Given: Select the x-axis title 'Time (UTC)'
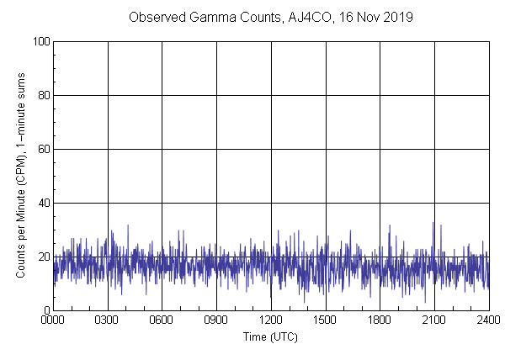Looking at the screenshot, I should click(x=270, y=336).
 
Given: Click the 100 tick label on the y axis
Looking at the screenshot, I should click(x=40, y=41).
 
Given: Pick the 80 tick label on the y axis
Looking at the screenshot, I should click(x=42, y=95).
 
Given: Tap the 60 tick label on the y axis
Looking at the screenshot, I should click(x=42, y=149).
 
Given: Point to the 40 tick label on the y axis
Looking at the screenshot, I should click(x=42, y=203).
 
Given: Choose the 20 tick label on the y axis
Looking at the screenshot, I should click(x=42, y=257).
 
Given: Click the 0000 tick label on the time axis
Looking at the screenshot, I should click(x=53, y=320).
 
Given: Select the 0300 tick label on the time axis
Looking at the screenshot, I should click(x=108, y=320).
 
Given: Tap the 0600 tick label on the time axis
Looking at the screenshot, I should click(x=162, y=320).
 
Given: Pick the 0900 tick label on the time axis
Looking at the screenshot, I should click(x=216, y=320).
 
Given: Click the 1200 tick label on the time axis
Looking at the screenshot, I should click(x=271, y=320).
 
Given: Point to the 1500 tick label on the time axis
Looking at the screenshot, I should click(x=325, y=320).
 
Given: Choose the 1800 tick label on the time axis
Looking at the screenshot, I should click(x=380, y=320).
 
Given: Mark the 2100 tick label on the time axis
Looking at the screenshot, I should click(x=434, y=320).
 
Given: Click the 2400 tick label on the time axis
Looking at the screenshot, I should click(x=488, y=320).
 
